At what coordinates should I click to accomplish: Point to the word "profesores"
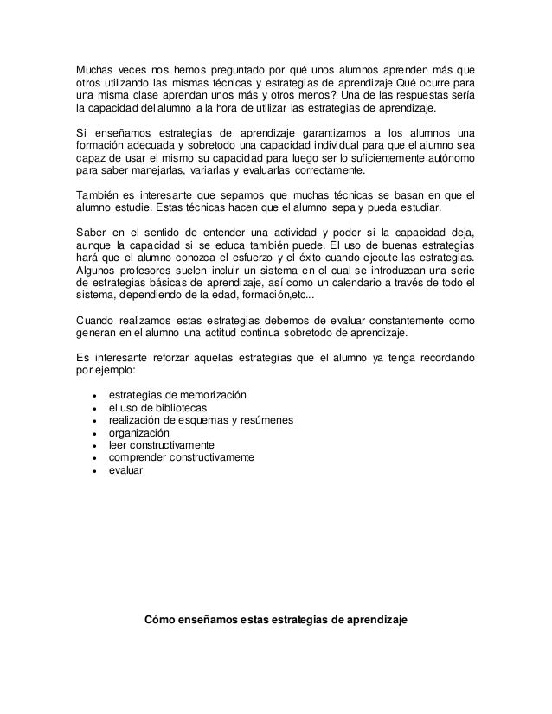point(151,274)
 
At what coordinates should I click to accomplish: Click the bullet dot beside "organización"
point(92,433)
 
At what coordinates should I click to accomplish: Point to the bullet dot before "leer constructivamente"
point(92,445)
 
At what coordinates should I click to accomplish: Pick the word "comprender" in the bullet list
point(136,457)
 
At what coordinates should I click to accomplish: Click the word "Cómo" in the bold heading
point(160,620)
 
